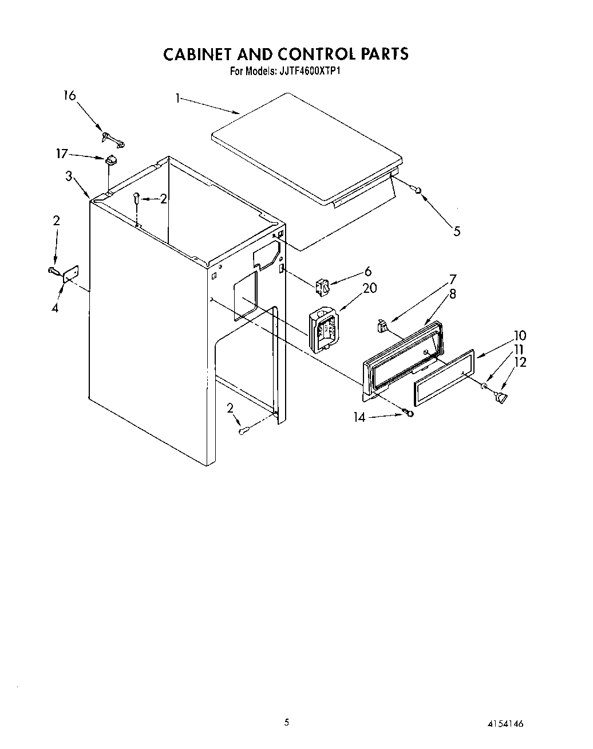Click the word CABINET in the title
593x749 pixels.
click(197, 54)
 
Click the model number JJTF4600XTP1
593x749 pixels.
click(311, 72)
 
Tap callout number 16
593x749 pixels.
click(69, 95)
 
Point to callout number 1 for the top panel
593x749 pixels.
click(178, 99)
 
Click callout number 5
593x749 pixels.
click(456, 231)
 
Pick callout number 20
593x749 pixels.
click(370, 288)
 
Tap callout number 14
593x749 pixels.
click(359, 417)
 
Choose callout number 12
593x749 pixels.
click(520, 362)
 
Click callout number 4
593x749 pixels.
click(55, 308)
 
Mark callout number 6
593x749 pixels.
click(368, 271)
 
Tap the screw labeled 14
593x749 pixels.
click(408, 412)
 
